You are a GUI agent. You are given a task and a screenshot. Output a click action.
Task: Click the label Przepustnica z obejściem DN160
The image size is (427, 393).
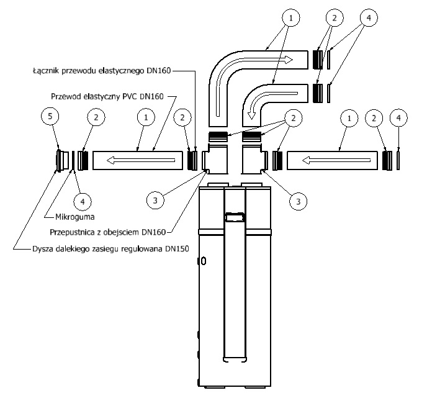(x=107, y=233)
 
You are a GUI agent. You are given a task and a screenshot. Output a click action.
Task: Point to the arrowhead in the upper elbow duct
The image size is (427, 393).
(x=287, y=60)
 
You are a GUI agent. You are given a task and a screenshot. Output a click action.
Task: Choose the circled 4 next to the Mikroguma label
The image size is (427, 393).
(x=82, y=201)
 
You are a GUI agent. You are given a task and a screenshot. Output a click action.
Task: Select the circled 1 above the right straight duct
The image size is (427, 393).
(x=351, y=117)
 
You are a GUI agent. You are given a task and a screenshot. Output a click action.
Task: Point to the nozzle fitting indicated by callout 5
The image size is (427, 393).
(x=61, y=160)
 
